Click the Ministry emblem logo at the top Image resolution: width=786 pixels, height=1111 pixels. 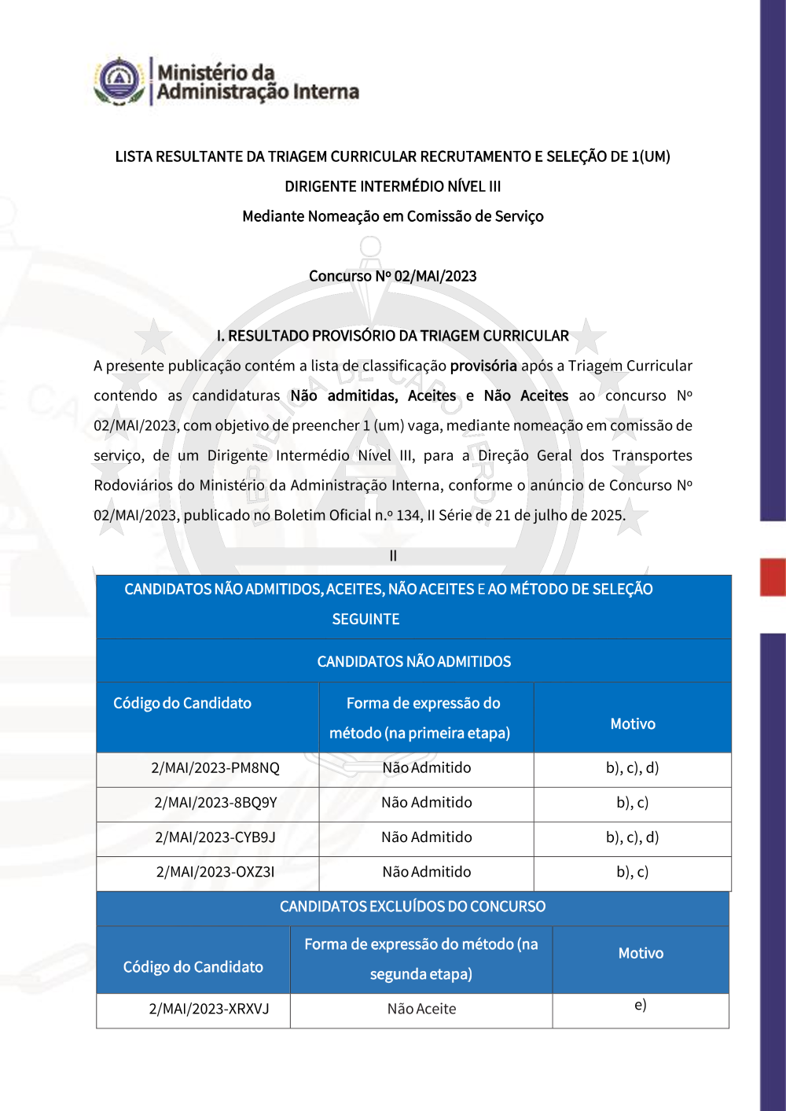[119, 80]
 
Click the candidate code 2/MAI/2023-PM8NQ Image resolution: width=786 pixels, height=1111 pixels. [215, 768]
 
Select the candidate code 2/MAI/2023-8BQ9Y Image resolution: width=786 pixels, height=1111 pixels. [215, 803]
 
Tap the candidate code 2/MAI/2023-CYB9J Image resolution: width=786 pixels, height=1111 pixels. [215, 837]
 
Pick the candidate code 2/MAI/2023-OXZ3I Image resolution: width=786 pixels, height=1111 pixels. [215, 872]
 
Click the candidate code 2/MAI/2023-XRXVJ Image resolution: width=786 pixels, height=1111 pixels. [209, 1009]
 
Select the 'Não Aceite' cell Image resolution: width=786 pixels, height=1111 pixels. [421, 1009]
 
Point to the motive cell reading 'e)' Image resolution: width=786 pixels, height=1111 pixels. [641, 1006]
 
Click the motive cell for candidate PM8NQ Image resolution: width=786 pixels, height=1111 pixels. [632, 768]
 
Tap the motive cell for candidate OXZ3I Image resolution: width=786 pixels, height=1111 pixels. [632, 872]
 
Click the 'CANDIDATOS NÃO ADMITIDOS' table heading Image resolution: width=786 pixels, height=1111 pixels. [413, 662]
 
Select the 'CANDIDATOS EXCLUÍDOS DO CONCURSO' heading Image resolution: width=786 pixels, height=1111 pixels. [413, 907]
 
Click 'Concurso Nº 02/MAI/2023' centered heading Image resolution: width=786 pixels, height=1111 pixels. [393, 276]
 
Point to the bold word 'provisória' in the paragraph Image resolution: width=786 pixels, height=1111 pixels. [483, 366]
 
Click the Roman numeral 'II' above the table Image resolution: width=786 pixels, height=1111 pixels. [393, 556]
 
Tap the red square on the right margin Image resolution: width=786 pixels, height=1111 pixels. [773, 577]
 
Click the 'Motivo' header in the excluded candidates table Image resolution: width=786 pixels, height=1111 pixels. [641, 954]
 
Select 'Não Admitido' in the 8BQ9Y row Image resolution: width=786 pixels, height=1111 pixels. [427, 803]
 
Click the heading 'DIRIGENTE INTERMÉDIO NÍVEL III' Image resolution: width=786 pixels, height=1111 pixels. [393, 186]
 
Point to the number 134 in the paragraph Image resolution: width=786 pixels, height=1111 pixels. [408, 516]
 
